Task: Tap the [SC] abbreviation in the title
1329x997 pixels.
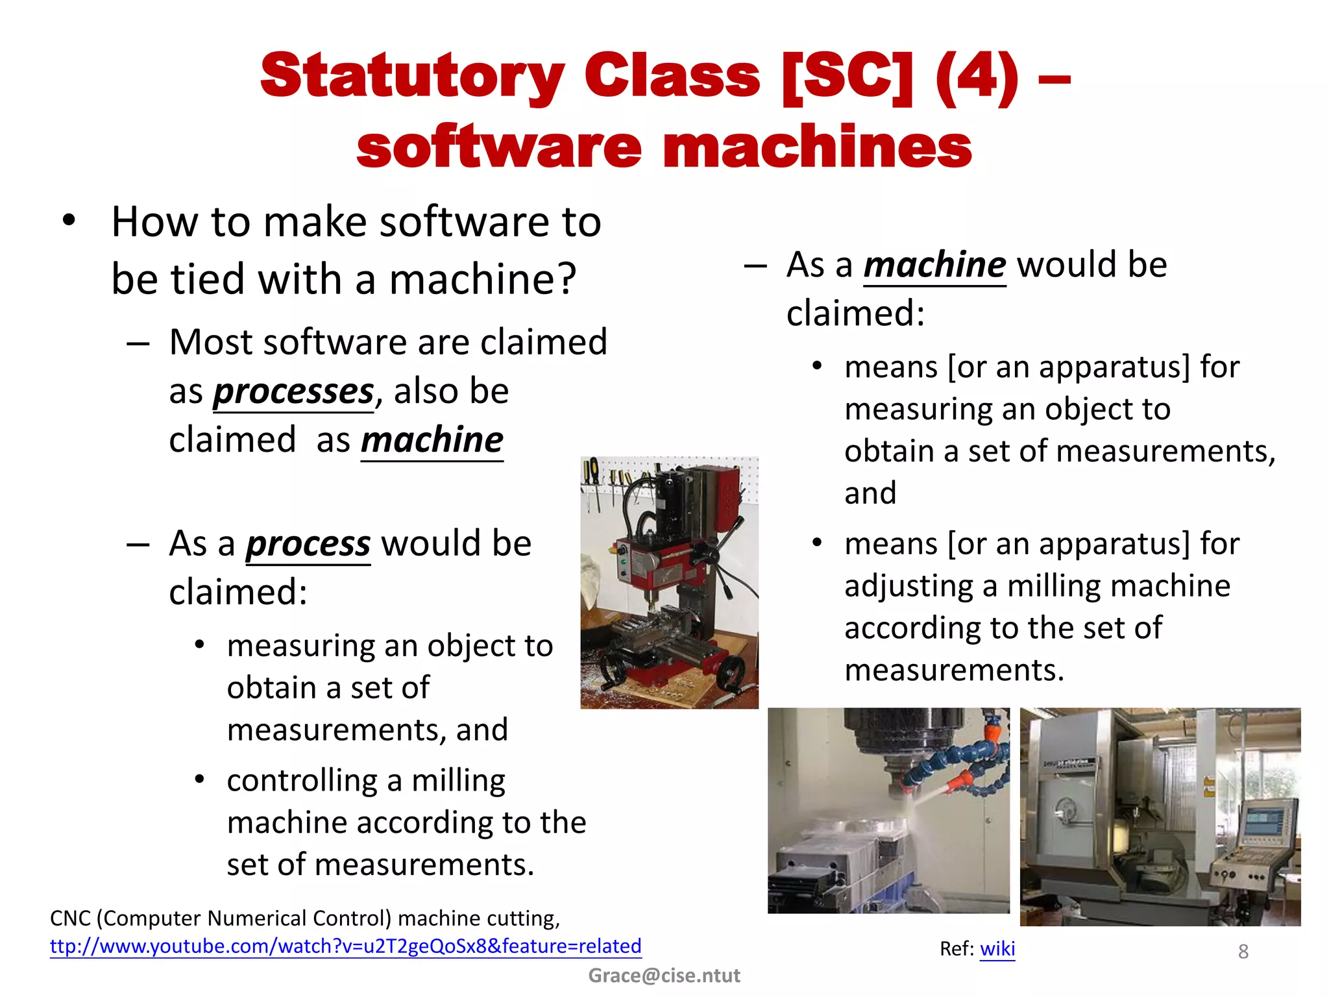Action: point(847,77)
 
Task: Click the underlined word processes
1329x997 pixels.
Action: point(293,391)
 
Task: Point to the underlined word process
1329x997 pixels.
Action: point(308,544)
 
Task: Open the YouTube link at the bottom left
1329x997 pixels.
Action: point(345,946)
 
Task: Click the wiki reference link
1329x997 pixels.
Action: point(997,949)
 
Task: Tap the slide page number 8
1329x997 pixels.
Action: point(1243,952)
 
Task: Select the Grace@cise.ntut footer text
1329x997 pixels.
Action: point(664,976)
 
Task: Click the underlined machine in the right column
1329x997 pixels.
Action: point(934,265)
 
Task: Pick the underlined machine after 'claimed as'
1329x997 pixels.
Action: point(432,441)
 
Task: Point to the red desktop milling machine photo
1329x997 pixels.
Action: point(669,582)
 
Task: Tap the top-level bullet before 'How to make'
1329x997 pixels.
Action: point(69,221)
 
